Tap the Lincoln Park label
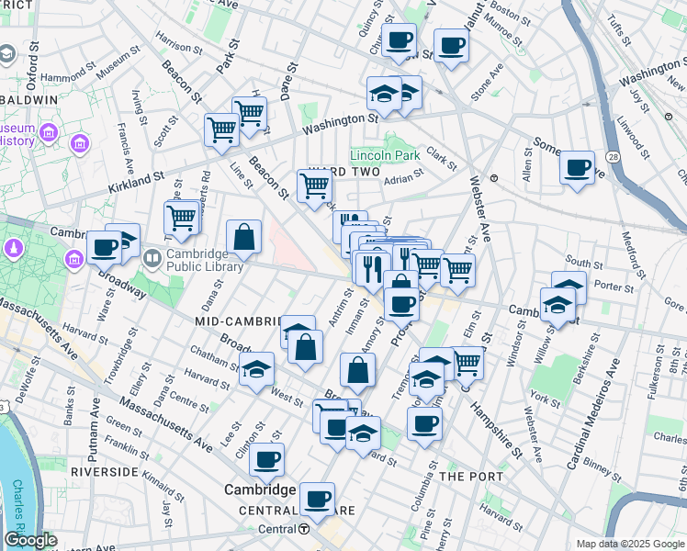click(383, 155)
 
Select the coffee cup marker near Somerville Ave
click(576, 168)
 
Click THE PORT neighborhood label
click(471, 477)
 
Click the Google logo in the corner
click(30, 540)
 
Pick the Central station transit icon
click(304, 529)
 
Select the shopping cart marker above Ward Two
click(314, 186)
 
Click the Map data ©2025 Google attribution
click(629, 544)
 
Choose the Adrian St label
click(403, 180)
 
